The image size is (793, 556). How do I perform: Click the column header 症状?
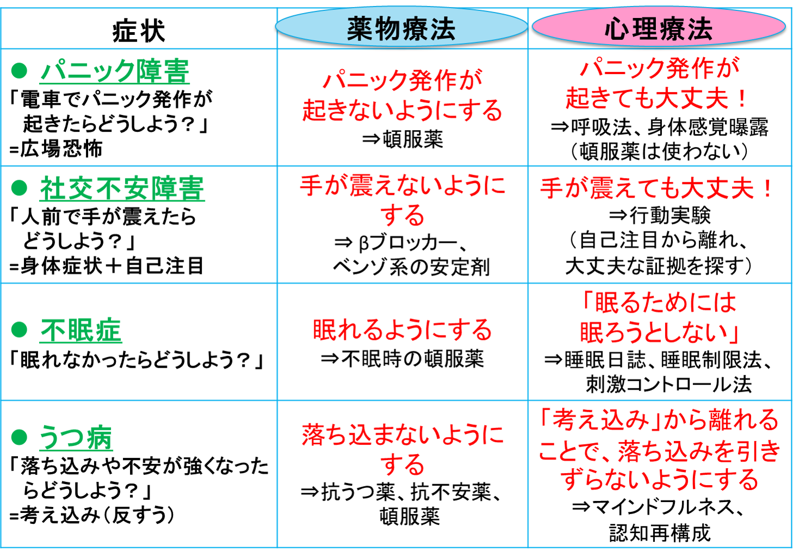coord(138,31)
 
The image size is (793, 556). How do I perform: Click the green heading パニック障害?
coord(114,71)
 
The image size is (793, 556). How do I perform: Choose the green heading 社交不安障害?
coord(122,188)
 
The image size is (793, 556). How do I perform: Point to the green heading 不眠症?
coord(80,330)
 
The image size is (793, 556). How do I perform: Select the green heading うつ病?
coord(76,438)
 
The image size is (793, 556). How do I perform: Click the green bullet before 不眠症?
coord(20,329)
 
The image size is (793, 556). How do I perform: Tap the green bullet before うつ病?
coord(20,437)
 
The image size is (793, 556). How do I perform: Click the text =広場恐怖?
coord(56,149)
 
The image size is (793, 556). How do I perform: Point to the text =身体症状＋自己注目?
coord(107,266)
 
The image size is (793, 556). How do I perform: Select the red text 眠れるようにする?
coord(402,330)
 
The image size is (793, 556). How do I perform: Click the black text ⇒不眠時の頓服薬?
coord(402,359)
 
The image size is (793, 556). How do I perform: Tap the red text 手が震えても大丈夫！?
coord(656,188)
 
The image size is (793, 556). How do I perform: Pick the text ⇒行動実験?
coord(660,215)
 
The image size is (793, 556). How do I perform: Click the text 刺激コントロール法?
coord(669,384)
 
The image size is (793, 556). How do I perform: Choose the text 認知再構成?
coord(660,533)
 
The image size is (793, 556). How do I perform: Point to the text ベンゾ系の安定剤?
coord(412,267)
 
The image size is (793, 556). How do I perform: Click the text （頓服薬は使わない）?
coord(659,151)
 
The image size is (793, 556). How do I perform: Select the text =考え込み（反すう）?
coord(92,515)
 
